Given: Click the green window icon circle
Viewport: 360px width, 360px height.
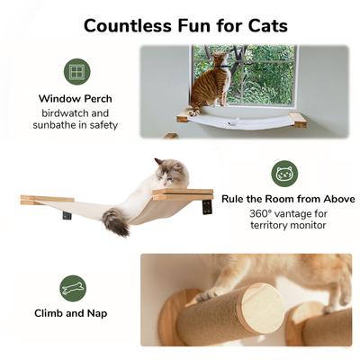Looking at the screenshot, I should tap(76, 72).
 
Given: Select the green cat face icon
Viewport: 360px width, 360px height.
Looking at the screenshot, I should tap(285, 174).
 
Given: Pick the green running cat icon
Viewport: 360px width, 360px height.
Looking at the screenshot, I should tap(74, 289).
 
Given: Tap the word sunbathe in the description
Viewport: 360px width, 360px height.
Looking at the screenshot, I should tap(62, 126).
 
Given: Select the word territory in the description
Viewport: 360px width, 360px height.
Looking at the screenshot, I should tap(267, 228).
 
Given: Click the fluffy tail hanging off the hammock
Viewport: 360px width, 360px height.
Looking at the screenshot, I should tap(114, 220).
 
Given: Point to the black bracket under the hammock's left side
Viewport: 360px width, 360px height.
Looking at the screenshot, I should tap(68, 214).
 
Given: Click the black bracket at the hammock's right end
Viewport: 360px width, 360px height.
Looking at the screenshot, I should tap(208, 206).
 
